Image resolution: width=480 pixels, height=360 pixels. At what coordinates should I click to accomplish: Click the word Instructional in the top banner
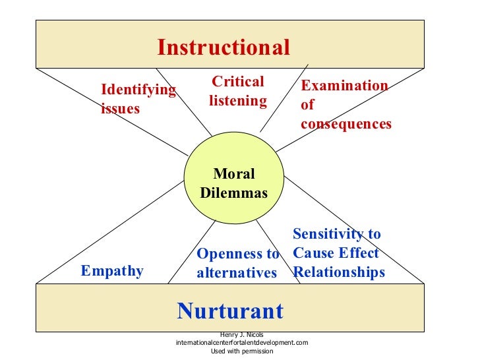[223, 47]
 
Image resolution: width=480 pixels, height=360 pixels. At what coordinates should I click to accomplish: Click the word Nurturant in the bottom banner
[230, 311]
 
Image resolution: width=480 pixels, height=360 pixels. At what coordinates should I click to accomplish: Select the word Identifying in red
[138, 90]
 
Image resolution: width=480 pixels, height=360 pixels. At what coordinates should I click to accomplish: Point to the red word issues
[120, 109]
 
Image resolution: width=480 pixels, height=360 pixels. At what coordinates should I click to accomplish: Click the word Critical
[237, 82]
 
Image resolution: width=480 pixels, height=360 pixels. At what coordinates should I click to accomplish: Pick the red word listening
[238, 101]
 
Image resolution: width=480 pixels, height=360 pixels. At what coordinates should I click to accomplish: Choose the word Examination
[344, 86]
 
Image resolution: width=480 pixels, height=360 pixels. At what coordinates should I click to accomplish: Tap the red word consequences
[345, 123]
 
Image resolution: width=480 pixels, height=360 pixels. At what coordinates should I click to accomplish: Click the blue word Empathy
[111, 271]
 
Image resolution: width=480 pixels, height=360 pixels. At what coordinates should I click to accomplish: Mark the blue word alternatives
[237, 272]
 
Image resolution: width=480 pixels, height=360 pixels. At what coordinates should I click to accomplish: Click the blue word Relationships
[339, 272]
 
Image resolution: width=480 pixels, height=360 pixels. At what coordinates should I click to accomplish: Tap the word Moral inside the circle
[234, 174]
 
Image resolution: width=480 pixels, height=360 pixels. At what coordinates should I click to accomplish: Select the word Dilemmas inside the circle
[234, 193]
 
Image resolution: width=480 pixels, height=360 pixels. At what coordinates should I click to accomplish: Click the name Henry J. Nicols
[242, 335]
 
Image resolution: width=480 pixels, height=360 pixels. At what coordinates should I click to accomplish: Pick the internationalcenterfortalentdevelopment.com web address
[242, 343]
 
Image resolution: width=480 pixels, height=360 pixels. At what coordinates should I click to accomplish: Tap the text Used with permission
[242, 351]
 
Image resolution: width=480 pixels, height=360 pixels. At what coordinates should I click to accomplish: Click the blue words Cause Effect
[336, 253]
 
